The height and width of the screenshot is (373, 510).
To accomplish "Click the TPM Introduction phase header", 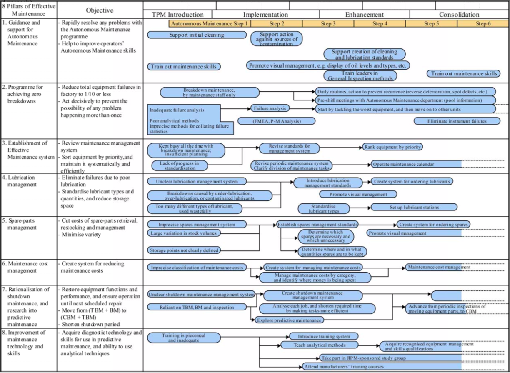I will click(177, 15).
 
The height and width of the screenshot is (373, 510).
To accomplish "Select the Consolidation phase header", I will click(459, 15).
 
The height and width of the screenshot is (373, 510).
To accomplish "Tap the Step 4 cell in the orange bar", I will click(380, 24).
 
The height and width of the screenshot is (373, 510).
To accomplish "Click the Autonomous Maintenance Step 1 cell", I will click(210, 24).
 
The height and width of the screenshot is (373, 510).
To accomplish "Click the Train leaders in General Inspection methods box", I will click(360, 75).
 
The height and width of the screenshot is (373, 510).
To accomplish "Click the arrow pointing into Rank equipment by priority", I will click(359, 147).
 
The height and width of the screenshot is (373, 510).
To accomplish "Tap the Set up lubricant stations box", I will click(414, 207).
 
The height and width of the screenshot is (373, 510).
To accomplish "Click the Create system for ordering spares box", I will click(433, 224).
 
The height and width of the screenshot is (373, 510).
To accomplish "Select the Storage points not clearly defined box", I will click(184, 250).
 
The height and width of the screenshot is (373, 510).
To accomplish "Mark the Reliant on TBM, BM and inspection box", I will click(197, 307).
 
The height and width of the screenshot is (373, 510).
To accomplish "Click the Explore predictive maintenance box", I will click(289, 320).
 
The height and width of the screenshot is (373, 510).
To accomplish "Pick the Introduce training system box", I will click(324, 336).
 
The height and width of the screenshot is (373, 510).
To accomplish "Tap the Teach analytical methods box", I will click(319, 345).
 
